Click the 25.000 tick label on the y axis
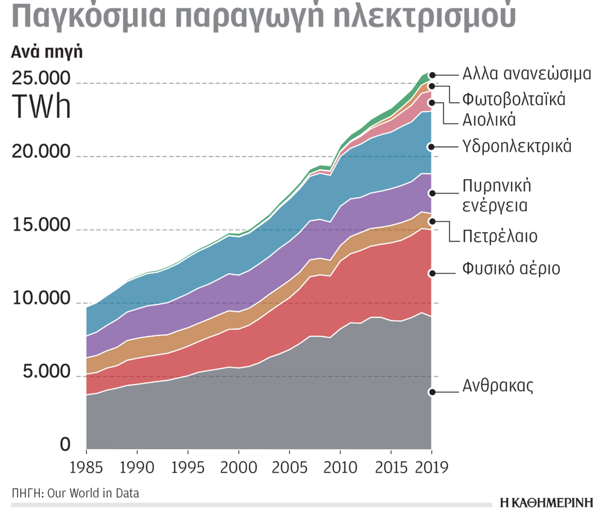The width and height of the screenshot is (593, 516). [41, 78]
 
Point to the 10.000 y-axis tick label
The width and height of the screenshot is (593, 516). [41, 298]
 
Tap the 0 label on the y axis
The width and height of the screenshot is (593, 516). [65, 444]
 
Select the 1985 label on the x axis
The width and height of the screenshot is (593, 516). [86, 468]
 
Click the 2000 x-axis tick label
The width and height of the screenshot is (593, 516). [239, 468]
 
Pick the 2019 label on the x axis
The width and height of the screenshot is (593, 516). [431, 468]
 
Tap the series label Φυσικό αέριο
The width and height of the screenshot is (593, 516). [511, 269]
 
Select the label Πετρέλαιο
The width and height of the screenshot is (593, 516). [500, 236]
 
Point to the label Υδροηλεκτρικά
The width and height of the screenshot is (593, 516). [517, 146]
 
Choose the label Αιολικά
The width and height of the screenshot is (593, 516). [489, 120]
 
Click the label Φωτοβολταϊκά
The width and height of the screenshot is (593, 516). [514, 99]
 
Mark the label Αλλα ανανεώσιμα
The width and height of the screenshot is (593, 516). [527, 74]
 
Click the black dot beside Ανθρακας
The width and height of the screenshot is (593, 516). [432, 392]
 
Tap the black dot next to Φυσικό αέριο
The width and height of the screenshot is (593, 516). [432, 273]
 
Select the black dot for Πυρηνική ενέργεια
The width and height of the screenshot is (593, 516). [432, 193]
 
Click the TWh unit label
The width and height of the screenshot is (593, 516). [41, 107]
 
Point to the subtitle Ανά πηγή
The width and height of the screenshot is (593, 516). [47, 52]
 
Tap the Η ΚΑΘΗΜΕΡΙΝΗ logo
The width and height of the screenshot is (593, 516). [546, 503]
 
